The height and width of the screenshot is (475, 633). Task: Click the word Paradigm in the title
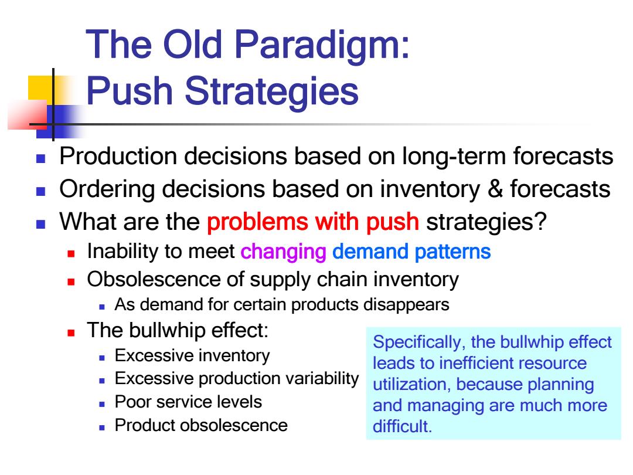(322, 46)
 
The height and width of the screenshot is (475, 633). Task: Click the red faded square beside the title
(28, 115)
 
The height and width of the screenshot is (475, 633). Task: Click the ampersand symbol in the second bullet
(495, 189)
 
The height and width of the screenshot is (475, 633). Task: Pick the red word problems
(257, 222)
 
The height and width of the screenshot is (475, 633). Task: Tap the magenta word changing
(283, 252)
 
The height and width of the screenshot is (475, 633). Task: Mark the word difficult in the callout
(402, 426)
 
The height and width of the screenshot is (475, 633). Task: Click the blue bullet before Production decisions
(40, 158)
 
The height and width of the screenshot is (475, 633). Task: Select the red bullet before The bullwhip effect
(71, 333)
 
